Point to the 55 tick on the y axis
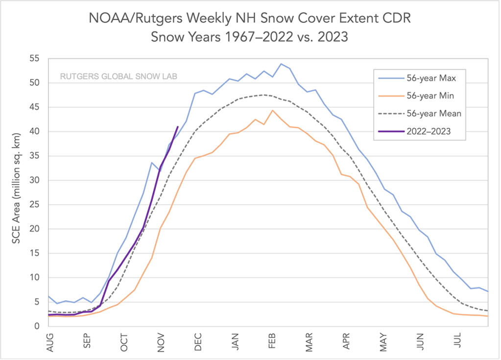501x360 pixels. (x=34, y=59)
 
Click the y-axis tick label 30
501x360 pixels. (x=34, y=180)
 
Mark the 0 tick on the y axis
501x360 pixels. (x=37, y=326)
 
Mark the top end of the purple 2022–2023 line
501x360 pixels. (x=177, y=126)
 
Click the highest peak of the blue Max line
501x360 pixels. (x=281, y=64)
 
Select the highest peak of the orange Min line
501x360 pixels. (x=272, y=110)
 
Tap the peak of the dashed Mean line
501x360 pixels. (x=263, y=95)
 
